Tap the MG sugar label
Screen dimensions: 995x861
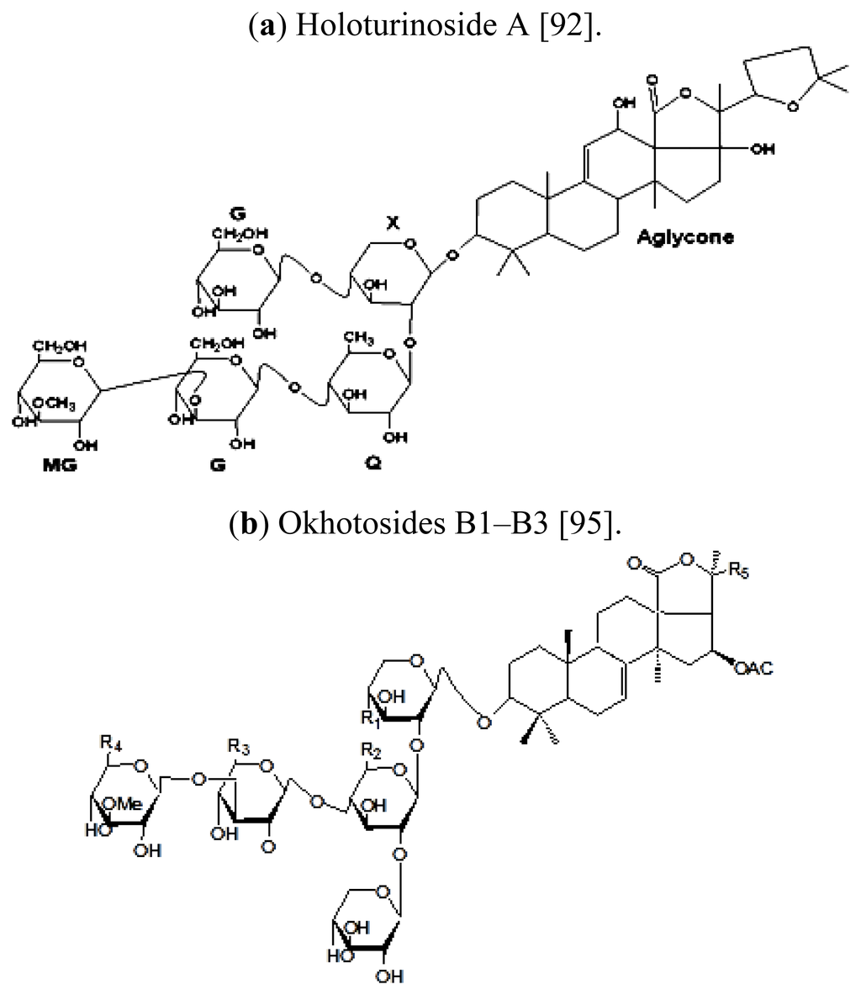click(x=60, y=464)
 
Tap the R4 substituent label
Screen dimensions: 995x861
click(x=108, y=743)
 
